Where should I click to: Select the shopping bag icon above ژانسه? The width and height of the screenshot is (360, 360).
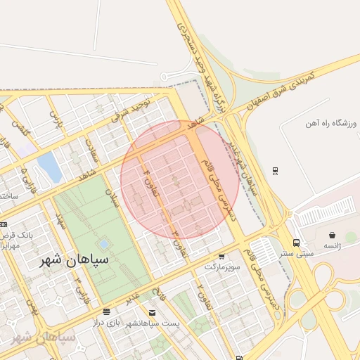coord(331,236)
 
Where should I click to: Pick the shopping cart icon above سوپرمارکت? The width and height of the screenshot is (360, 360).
coord(221,257)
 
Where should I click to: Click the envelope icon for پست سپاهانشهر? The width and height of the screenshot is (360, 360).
coord(152,312)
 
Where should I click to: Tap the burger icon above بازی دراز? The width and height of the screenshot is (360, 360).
coord(106,311)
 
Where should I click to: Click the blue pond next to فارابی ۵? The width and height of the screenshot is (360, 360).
coord(49,167)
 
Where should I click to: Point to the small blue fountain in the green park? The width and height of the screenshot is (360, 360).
coord(104,244)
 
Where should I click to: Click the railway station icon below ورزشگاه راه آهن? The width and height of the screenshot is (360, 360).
coord(275,169)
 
